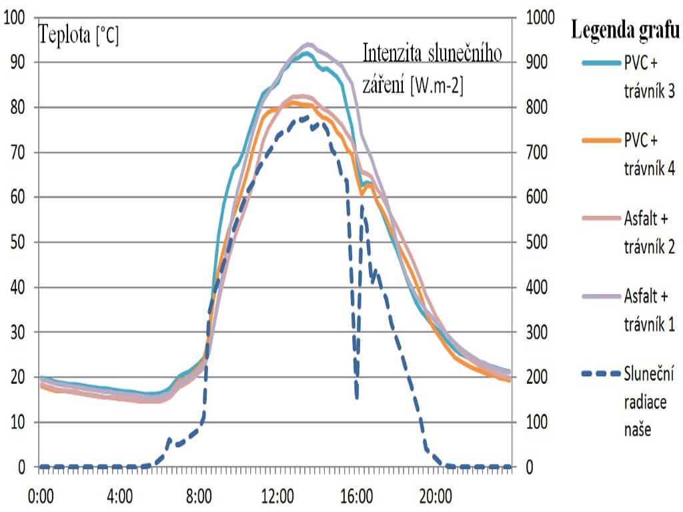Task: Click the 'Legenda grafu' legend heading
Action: point(625,30)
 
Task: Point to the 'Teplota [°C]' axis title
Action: point(79,34)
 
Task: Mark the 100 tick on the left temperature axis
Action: point(15,17)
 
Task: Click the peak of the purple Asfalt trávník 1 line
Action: point(309,45)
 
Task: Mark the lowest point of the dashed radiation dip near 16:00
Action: point(358,397)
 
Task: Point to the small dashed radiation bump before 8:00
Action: point(169,439)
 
